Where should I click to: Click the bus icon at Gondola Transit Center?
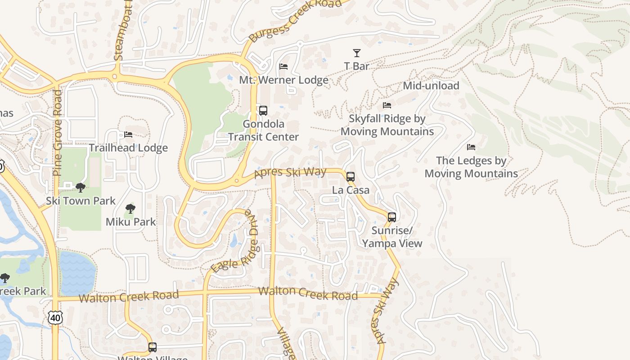263,110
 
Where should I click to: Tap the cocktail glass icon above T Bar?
357,53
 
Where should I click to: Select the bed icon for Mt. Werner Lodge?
283,67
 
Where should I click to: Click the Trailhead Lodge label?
128,148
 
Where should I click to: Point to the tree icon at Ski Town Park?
81,187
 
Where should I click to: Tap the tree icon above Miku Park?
130,208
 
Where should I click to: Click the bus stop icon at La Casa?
351,176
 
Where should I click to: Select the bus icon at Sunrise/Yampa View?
392,217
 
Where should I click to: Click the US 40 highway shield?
55,318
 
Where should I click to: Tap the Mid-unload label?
431,85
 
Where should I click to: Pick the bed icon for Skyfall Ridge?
387,105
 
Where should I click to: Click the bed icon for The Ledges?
471,147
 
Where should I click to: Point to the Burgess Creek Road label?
295,20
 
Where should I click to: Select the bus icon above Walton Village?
153,347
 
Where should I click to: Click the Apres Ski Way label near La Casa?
290,172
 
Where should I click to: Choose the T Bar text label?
357,66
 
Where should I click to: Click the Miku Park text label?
130,221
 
